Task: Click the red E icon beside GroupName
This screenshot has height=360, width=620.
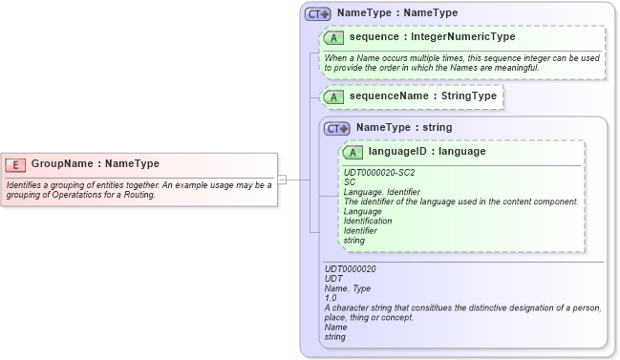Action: (17, 163)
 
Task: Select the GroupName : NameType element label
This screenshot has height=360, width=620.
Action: (96, 163)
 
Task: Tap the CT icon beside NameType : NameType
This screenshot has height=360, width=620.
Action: (317, 13)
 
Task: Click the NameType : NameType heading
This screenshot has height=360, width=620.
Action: (396, 13)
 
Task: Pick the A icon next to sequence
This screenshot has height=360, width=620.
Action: (334, 37)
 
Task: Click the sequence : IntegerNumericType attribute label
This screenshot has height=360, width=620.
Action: (432, 37)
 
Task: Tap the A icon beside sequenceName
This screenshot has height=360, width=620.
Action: (334, 96)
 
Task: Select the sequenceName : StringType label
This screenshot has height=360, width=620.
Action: (422, 96)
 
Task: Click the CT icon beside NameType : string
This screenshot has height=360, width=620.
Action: (337, 128)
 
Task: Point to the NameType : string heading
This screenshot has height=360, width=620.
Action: (404, 127)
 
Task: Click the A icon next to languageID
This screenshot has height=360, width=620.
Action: (353, 152)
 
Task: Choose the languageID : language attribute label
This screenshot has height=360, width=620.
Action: (426, 151)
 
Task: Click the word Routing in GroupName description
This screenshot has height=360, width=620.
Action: (137, 195)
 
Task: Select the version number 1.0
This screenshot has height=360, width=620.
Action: (331, 298)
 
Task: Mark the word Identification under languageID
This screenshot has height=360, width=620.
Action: (368, 221)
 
